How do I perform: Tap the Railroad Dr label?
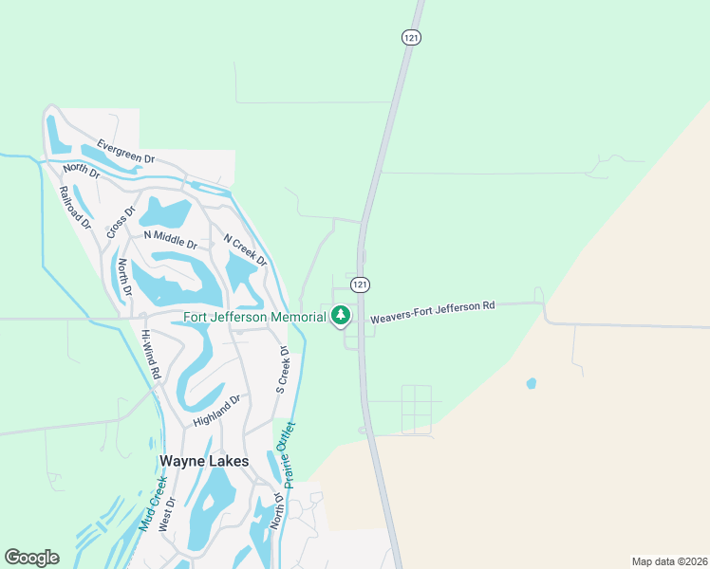coord(74,208)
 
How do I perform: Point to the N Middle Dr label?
coord(170,238)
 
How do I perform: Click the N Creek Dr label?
coord(245,249)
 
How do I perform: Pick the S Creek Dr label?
coord(281,369)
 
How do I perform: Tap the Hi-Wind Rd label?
coord(152,354)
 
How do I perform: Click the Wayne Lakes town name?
coord(204,461)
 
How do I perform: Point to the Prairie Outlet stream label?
coord(283,456)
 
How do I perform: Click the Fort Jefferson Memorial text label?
coord(254,317)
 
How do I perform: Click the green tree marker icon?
coord(340,316)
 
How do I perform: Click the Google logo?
coord(31,558)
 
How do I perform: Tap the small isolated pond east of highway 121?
coord(531,384)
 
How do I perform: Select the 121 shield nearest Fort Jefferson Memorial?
coord(359,284)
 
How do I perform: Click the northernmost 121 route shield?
coord(410,37)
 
